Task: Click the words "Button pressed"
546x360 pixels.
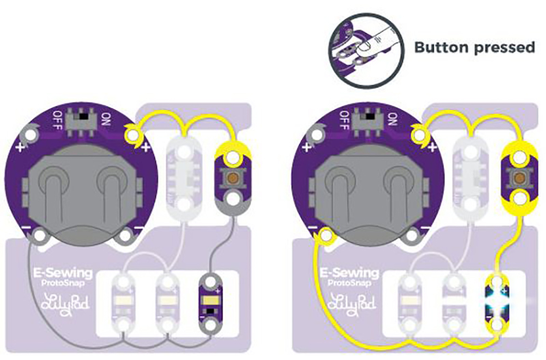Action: click(474, 48)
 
